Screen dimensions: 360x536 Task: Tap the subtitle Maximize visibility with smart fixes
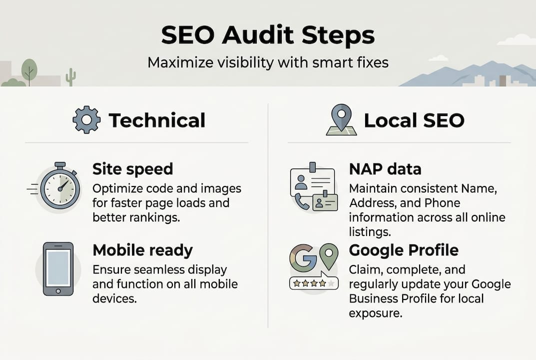[x=268, y=63]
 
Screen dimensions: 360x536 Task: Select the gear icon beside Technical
[x=86, y=120]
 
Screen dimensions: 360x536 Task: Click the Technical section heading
[x=157, y=120]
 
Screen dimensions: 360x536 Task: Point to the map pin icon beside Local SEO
[x=341, y=120]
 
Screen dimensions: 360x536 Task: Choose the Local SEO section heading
[x=414, y=120]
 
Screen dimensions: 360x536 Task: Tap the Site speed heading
[x=132, y=169]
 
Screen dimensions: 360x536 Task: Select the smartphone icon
[x=58, y=268]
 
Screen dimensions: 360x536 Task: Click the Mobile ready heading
[x=142, y=250]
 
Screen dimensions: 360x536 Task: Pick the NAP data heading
[x=385, y=169]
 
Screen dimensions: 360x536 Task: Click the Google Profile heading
[x=404, y=250]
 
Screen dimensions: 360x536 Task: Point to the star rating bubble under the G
[x=313, y=283]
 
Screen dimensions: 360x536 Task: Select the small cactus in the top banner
[x=71, y=77]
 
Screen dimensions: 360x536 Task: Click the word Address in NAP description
[x=369, y=204]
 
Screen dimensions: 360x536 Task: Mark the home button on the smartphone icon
[x=58, y=290]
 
